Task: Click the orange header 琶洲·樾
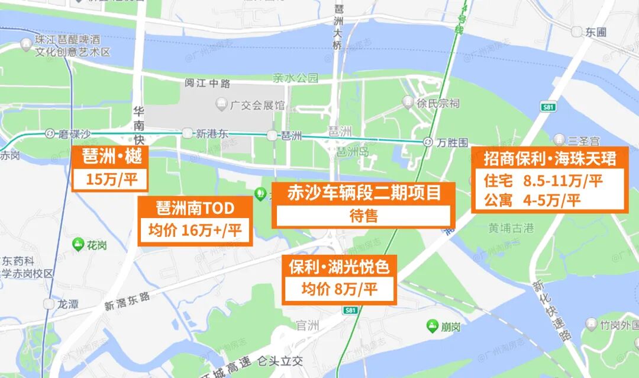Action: [x=108, y=158]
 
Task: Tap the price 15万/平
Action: [x=108, y=180]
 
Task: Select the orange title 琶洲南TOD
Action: [x=195, y=208]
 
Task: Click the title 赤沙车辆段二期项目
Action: [x=364, y=193]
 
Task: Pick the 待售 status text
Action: [x=364, y=216]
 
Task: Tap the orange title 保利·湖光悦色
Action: [x=339, y=267]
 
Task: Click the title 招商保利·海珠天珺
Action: [x=550, y=158]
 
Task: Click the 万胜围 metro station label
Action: [x=452, y=142]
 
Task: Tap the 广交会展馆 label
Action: [x=257, y=105]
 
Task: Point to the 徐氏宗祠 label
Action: [x=438, y=103]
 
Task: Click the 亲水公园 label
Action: [x=295, y=78]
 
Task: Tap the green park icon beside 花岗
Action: [x=78, y=244]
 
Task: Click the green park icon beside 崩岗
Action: [x=433, y=325]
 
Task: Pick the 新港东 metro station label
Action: [x=212, y=133]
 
